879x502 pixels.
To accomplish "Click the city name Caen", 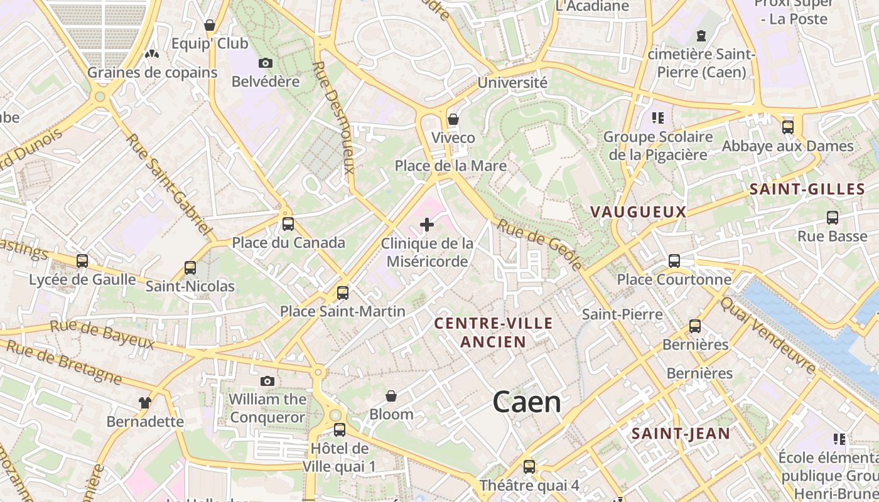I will pyautogui.click(x=527, y=402).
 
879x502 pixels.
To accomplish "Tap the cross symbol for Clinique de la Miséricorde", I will pyautogui.click(x=427, y=225).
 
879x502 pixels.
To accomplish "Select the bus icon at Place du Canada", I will pyautogui.click(x=288, y=224).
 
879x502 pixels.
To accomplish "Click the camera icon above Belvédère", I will pyautogui.click(x=266, y=63).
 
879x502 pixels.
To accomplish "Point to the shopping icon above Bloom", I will pyautogui.click(x=391, y=396).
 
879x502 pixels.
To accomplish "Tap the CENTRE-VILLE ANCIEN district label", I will pyautogui.click(x=493, y=333).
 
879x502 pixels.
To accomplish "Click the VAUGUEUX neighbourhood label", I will pyautogui.click(x=639, y=212).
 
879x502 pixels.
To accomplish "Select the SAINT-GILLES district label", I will pyautogui.click(x=807, y=190).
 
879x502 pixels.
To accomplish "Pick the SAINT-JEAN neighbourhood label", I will pyautogui.click(x=681, y=434).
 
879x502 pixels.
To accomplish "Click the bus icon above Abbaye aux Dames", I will pyautogui.click(x=788, y=127).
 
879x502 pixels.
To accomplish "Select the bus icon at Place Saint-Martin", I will pyautogui.click(x=343, y=293).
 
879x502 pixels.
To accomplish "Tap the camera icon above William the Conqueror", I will pyautogui.click(x=267, y=381).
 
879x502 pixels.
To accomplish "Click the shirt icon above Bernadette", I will pyautogui.click(x=145, y=403).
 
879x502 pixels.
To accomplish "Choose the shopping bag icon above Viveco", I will pyautogui.click(x=453, y=119).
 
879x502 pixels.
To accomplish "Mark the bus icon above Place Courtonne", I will pyautogui.click(x=674, y=261).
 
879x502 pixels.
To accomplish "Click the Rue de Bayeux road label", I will pyautogui.click(x=102, y=334).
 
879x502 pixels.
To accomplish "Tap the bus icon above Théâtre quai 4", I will pyautogui.click(x=529, y=467).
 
